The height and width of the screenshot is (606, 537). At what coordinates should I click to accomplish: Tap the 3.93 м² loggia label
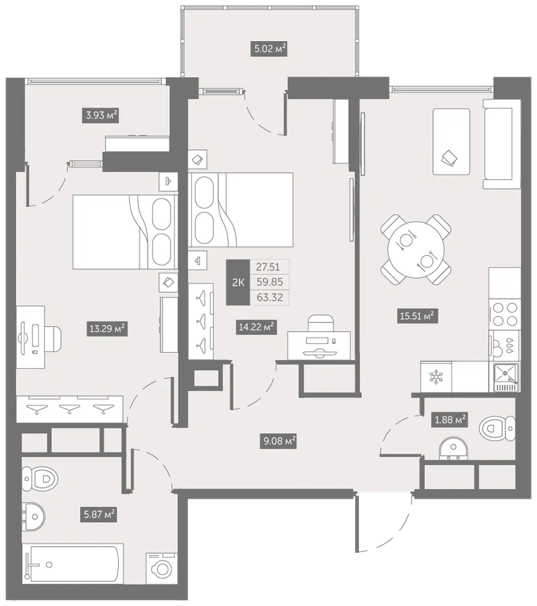click(101, 115)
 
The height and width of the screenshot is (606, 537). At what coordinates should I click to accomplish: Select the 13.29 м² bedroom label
click(107, 329)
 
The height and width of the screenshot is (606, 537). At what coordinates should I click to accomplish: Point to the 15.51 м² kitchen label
click(418, 316)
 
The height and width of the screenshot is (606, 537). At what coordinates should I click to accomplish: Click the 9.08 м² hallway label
click(279, 441)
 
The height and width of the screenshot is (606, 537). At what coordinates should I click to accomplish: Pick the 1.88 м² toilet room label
click(450, 419)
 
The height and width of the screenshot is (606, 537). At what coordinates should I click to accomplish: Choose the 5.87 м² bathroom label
click(99, 515)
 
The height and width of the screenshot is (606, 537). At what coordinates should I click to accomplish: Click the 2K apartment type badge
click(238, 283)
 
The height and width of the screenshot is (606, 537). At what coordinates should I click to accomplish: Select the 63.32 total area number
click(269, 298)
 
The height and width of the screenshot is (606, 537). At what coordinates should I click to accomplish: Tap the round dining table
click(416, 250)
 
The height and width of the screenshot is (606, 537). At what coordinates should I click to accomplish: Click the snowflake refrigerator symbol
click(436, 377)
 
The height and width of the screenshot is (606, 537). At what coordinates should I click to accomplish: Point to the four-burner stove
click(505, 315)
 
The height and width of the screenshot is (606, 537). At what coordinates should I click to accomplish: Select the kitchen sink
click(506, 377)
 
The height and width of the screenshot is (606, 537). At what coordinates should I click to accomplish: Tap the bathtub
click(72, 564)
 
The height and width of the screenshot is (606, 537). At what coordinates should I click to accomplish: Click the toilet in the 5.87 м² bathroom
click(40, 479)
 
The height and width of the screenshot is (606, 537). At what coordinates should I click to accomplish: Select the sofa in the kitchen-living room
click(502, 144)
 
